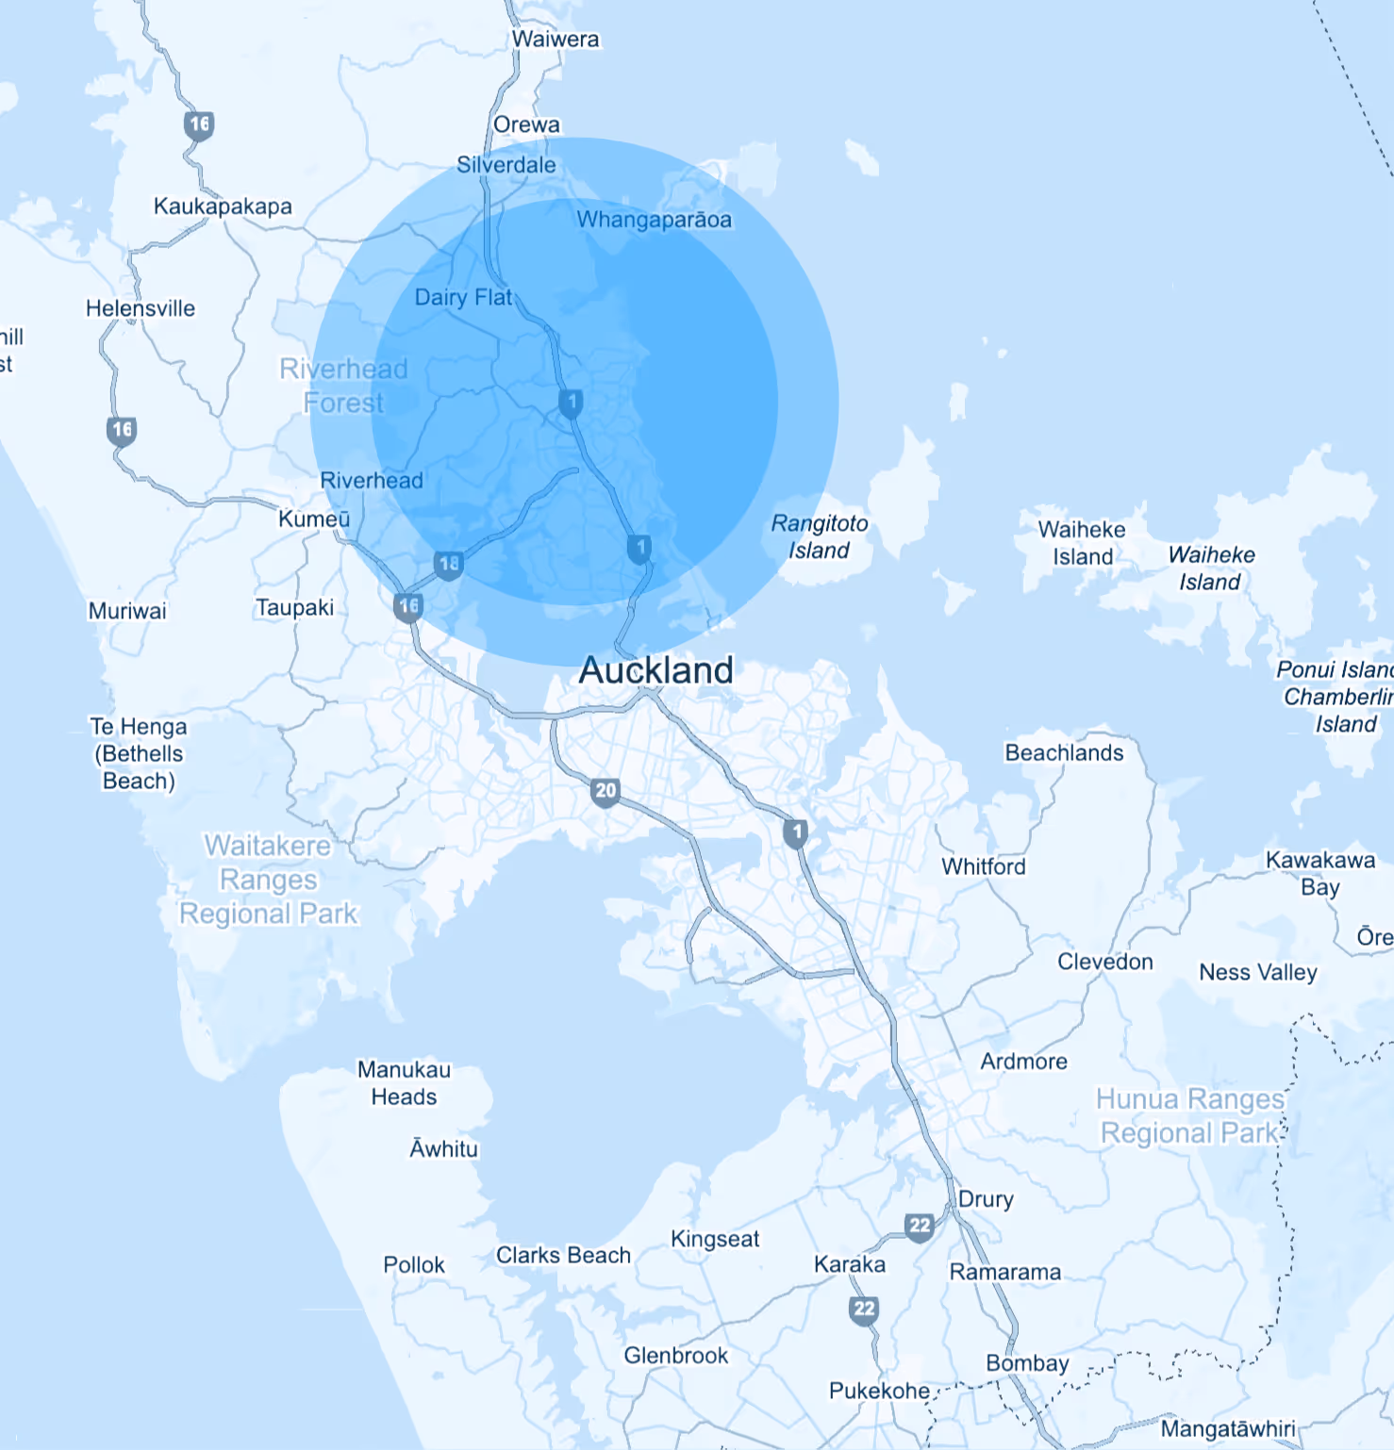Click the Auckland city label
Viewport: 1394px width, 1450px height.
[656, 670]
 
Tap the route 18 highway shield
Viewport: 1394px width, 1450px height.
[449, 564]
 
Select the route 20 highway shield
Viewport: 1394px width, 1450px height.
[606, 791]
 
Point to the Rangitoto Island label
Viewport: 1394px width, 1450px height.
[820, 536]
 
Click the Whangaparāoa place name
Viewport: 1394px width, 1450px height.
[654, 220]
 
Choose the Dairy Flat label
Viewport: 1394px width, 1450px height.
[463, 297]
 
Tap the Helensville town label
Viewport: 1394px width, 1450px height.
[141, 308]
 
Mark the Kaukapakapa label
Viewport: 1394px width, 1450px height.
[223, 206]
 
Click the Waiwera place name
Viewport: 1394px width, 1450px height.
[556, 40]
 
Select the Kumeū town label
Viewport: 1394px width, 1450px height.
[314, 519]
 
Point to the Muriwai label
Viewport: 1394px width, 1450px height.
[127, 611]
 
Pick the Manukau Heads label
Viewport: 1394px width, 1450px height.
[404, 1083]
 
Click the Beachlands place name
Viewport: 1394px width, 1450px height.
[1064, 752]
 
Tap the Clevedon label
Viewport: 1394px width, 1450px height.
[1104, 962]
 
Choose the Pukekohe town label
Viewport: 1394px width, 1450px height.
[879, 1391]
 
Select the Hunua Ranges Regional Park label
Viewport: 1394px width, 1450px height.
[1190, 1115]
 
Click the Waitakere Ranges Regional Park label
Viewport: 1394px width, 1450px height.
[269, 880]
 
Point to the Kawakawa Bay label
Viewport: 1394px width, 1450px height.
[1319, 873]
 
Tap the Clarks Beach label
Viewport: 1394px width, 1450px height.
[563, 1255]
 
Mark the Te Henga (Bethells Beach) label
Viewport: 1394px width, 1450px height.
[139, 753]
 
